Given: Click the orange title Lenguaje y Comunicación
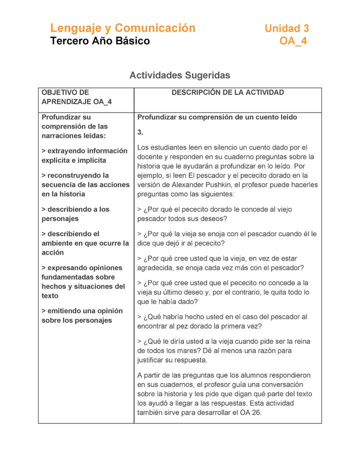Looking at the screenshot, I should click(x=122, y=28).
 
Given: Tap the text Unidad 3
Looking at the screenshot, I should click(x=286, y=28).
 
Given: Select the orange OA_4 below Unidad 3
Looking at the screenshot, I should click(x=293, y=41).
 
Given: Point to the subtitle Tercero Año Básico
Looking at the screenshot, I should click(x=100, y=41).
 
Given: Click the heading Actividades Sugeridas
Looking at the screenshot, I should click(x=179, y=75).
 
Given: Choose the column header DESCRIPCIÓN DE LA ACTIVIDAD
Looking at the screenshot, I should click(x=227, y=92).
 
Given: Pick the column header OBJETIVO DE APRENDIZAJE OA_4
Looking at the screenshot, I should click(x=76, y=97).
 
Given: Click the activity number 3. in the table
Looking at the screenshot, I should click(x=140, y=132).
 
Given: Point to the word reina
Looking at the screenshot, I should click(x=300, y=341).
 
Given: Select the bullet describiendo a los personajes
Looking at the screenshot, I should click(x=75, y=213).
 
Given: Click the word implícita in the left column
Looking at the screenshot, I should click(x=91, y=160).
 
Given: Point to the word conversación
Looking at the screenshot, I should click(x=280, y=384).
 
